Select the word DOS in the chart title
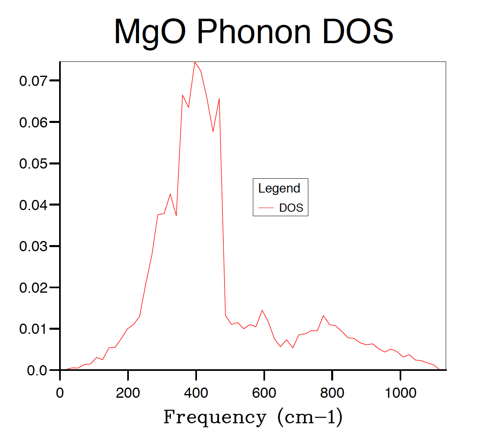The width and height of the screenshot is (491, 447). coord(358,32)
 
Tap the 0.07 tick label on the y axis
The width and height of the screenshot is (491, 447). coord(33,81)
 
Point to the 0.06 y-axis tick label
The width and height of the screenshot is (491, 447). coord(33,122)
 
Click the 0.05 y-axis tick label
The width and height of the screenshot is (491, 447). coord(33,164)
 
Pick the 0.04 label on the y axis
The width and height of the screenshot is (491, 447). coord(33,205)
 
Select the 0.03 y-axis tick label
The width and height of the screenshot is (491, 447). coord(33,246)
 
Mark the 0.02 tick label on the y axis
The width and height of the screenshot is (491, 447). coord(33,288)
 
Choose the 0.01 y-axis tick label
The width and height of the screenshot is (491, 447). coord(33,329)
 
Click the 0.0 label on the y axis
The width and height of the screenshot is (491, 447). coord(37,370)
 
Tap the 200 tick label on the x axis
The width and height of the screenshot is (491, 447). coord(128,393)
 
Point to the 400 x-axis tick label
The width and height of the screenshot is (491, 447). coord(196,393)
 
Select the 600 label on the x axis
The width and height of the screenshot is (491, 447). coord(264,393)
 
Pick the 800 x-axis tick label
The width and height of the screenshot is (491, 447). coord(332,393)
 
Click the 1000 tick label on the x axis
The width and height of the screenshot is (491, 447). coord(400,393)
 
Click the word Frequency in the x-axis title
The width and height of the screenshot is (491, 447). coord(215,417)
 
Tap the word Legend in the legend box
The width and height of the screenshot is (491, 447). coord(279,188)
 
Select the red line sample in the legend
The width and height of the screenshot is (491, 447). coord(266,208)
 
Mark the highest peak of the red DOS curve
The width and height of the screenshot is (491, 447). coord(195,62)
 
